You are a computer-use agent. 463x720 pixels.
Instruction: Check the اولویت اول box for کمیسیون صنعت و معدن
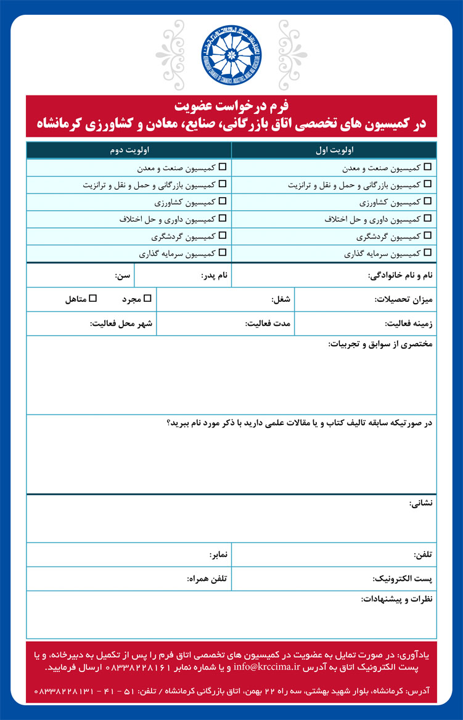pyautogui.click(x=428, y=167)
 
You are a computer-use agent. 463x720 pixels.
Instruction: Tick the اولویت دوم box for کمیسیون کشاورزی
pyautogui.click(x=223, y=201)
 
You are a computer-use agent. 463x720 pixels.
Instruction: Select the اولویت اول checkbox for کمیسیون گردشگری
pyautogui.click(x=428, y=235)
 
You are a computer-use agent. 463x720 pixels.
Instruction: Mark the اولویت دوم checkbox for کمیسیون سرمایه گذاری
pyautogui.click(x=223, y=253)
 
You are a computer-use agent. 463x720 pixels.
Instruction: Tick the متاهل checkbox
pyautogui.click(x=93, y=299)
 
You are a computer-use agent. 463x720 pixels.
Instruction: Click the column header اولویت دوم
pyautogui.click(x=128, y=150)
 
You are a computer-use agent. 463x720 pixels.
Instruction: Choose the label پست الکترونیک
pyautogui.click(x=403, y=579)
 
